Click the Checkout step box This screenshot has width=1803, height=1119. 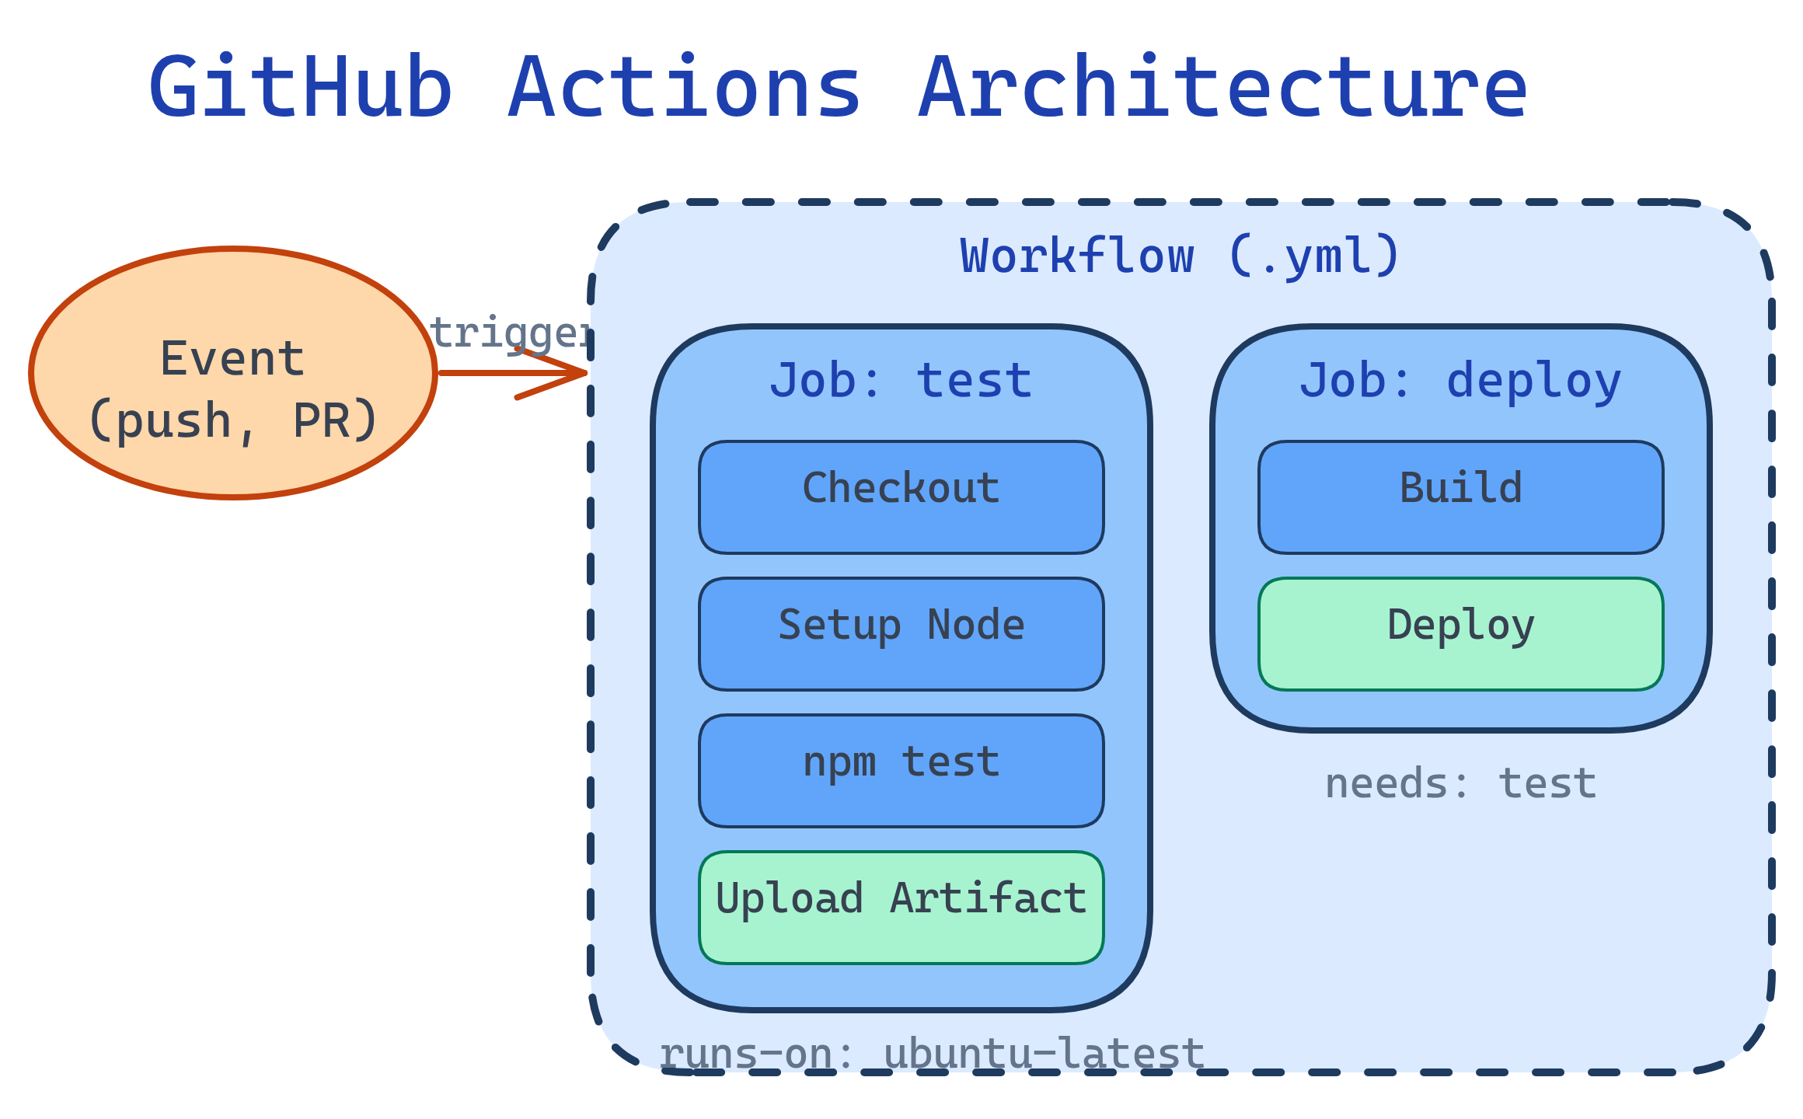(901, 497)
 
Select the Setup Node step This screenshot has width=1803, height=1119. (901, 633)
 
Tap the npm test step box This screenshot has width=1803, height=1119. (901, 770)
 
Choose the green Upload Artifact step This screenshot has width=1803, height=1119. (901, 907)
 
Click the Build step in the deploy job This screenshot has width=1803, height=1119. (1460, 497)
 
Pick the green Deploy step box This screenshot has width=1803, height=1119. (1460, 633)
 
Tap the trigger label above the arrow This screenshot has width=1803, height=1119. (509, 333)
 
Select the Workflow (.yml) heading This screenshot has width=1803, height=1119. (1180, 256)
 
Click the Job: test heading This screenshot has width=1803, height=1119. (901, 381)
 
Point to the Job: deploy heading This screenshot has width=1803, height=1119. (1460, 381)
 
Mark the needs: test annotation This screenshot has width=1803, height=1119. (1460, 783)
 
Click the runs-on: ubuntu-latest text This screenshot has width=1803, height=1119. (932, 1055)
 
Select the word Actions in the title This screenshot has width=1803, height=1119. (685, 89)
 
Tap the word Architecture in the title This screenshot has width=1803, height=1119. (1223, 89)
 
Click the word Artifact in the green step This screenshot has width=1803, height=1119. (988, 899)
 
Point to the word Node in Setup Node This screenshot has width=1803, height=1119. (976, 626)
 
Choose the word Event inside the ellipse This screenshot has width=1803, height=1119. (232, 359)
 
